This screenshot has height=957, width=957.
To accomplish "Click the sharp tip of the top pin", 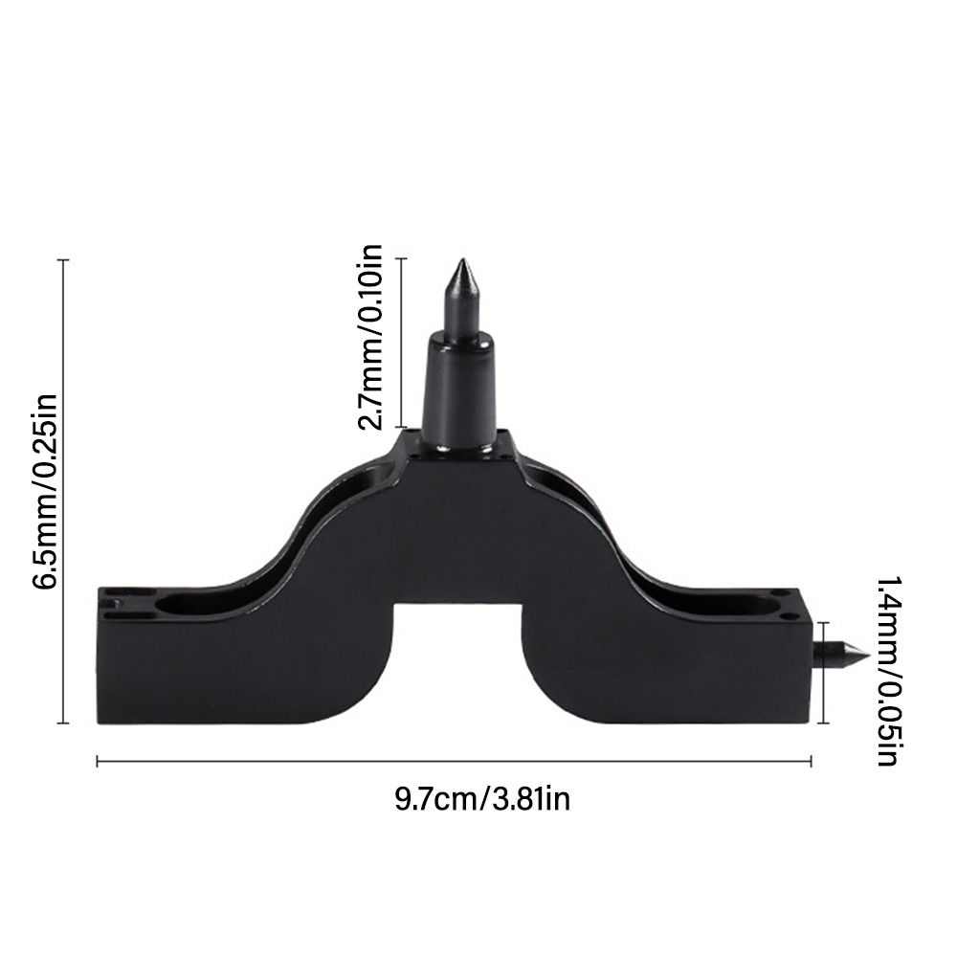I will (x=460, y=261).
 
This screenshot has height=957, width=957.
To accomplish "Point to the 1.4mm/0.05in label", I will (x=886, y=671).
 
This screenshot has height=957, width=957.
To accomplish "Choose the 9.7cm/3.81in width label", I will (x=482, y=797).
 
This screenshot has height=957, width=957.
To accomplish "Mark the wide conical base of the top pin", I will (x=460, y=392).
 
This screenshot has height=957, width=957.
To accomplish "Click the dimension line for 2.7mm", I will (x=402, y=343).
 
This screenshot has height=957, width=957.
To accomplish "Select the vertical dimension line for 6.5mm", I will (x=64, y=491).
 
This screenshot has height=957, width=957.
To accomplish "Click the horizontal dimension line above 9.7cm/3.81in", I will (x=455, y=762).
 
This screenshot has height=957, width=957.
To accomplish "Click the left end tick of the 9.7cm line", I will (x=98, y=762).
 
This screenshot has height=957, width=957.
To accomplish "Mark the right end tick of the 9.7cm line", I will (x=812, y=762).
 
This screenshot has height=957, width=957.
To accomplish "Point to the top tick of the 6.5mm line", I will (x=64, y=259).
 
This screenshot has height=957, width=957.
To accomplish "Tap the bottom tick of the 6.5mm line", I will (x=64, y=723).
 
